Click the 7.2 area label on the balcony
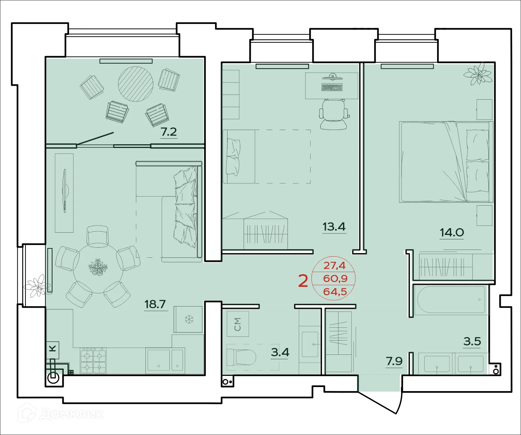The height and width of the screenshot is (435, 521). point(169,132)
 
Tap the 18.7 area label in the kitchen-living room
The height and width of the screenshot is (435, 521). point(155,304)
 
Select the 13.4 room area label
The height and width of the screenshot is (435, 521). point(334,227)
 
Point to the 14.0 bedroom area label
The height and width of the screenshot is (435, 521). point(452,232)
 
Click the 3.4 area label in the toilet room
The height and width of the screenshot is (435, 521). point(280,352)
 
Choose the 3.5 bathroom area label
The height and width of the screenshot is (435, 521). point(472,341)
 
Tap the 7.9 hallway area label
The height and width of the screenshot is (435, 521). point(394,361)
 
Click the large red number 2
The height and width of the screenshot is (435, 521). point(303,281)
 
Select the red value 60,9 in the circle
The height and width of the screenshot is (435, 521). point(335,278)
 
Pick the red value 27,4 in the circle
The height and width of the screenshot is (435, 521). point(334,266)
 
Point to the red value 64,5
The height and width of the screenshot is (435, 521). point(335,291)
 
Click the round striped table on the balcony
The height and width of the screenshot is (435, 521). point(136,84)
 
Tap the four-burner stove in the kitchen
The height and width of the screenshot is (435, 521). point(93,360)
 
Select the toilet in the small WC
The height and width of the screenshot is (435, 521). point(242,357)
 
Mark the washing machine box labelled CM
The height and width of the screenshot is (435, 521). point(238,324)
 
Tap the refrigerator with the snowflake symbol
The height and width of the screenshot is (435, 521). point(188,319)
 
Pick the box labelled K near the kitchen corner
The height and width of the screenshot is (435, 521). point(53,348)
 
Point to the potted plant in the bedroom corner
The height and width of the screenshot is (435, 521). point(478,74)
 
